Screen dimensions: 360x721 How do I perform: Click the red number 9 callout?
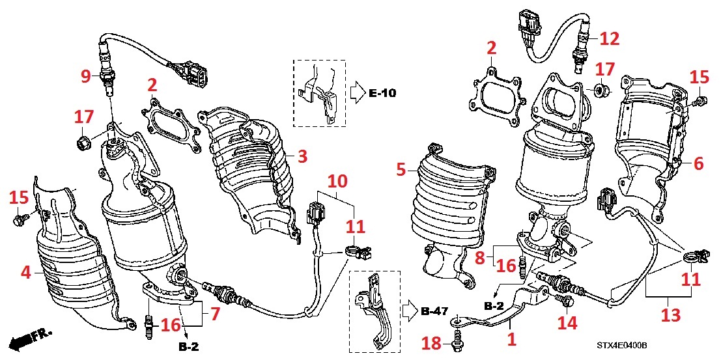coord(85,76)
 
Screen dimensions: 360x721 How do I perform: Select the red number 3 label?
coord(302,156)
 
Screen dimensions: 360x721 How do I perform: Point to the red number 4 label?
coord(25,273)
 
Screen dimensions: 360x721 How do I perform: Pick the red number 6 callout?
coord(698,164)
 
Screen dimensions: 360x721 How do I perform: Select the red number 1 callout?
coord(512,339)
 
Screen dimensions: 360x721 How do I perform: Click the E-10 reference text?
coord(382,94)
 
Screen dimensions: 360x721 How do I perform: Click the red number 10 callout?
coord(338,180)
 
